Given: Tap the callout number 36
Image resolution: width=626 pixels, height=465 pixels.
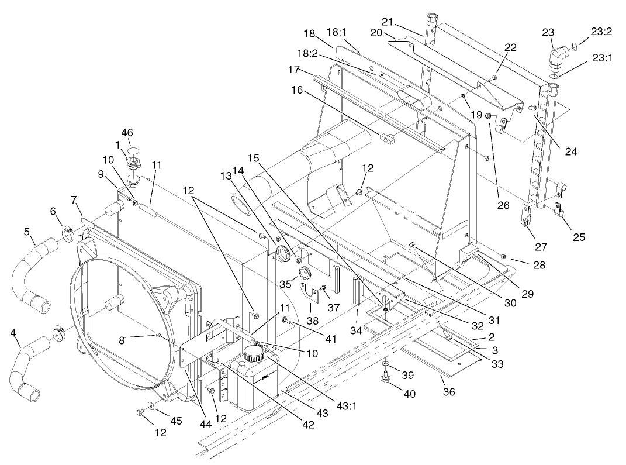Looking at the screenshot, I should [449, 392].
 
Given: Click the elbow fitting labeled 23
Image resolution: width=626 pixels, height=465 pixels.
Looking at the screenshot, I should [559, 60].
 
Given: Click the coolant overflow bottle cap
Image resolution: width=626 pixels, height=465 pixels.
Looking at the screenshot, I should [254, 352].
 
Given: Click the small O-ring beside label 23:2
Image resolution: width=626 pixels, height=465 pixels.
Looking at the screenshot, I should [576, 46].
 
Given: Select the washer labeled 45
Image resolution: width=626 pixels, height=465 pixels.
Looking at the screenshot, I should [152, 405].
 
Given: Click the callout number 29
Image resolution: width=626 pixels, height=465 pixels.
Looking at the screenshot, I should [527, 293].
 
